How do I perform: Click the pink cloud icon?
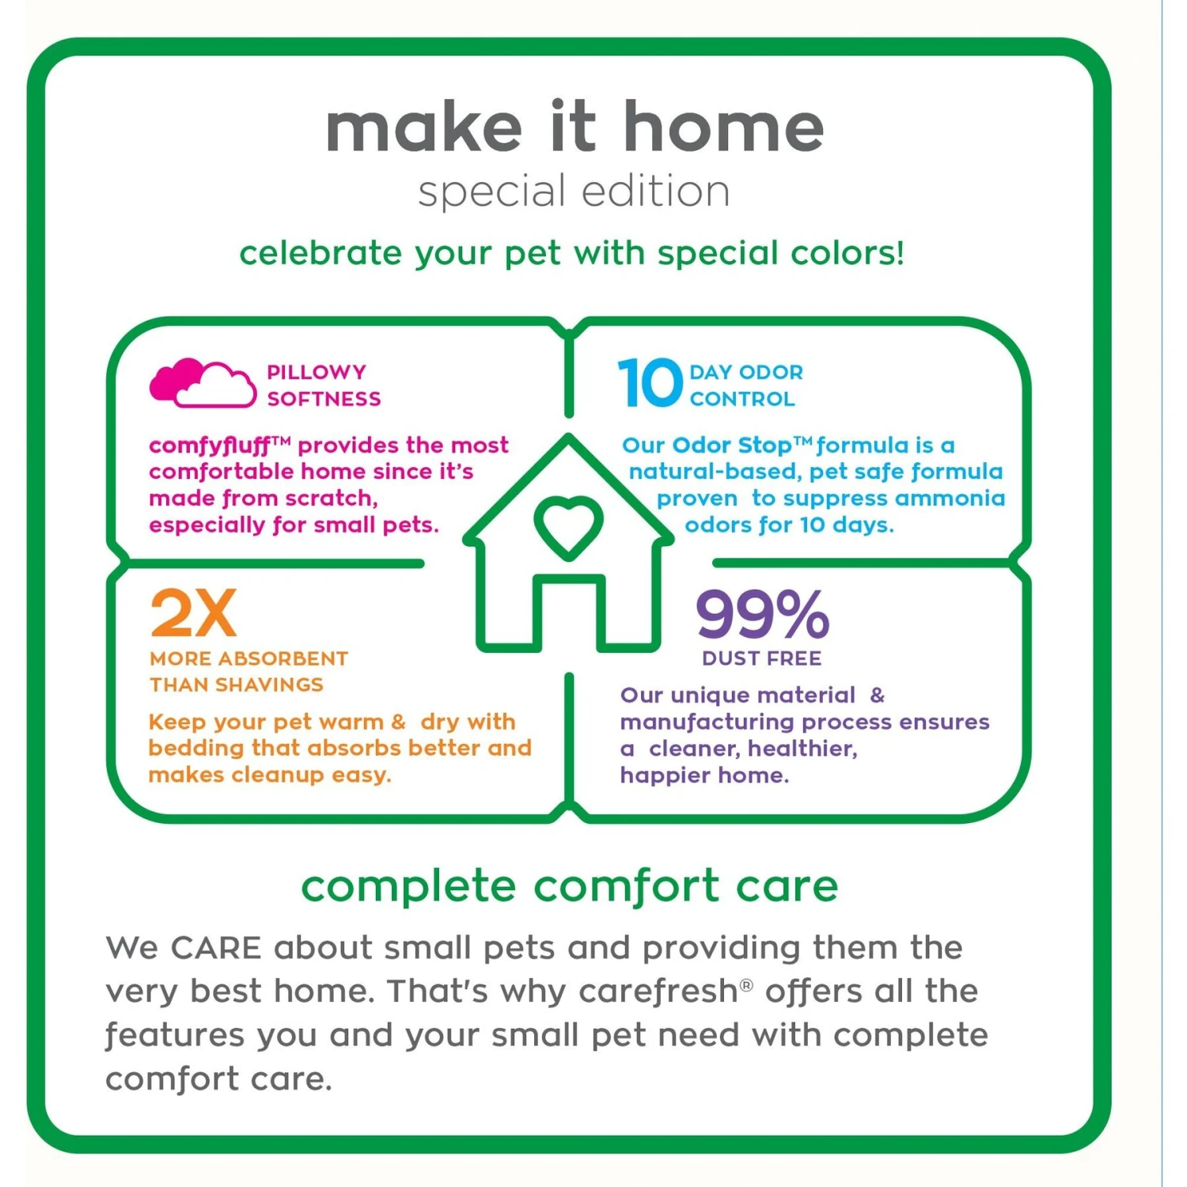(x=203, y=383)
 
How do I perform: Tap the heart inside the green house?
(x=568, y=526)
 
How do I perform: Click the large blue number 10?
(x=650, y=383)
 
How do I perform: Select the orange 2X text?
(x=193, y=613)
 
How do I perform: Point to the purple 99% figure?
(x=763, y=614)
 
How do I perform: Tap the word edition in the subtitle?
(x=656, y=192)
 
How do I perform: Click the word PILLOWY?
(x=317, y=372)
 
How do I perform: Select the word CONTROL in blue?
(x=742, y=399)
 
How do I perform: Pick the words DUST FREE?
(x=762, y=658)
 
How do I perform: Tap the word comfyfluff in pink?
(x=210, y=446)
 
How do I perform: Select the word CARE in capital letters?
(x=216, y=948)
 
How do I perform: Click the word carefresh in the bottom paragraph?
(x=658, y=992)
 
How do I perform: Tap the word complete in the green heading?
(x=408, y=886)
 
